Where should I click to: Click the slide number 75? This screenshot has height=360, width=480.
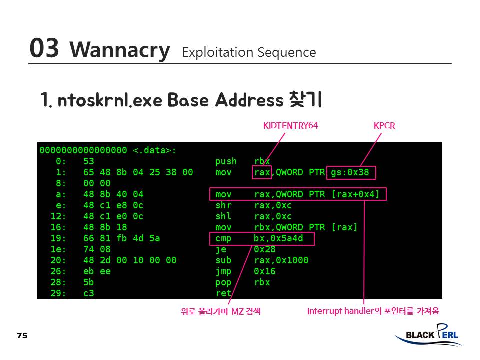pos(22,336)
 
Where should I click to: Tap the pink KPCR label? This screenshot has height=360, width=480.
pos(384,126)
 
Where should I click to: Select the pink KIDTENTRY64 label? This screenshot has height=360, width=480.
pos(290,126)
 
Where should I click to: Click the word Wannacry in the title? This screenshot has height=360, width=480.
pos(120,50)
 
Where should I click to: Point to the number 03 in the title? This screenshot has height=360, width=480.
pos(44,49)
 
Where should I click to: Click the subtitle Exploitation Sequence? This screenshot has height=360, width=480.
pos(249,52)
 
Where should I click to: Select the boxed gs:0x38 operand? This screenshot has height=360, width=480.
pos(350,173)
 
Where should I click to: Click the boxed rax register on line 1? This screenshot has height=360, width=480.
pos(262,173)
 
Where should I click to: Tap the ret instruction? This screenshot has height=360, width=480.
pos(223,293)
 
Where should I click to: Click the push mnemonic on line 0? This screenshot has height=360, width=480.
pos(226,162)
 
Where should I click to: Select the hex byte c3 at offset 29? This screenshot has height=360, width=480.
pos(88,293)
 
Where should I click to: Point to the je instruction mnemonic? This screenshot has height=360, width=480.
pos(220,249)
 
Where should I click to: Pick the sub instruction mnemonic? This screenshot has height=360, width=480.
pos(223,260)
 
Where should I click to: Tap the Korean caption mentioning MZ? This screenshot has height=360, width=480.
pos(221,312)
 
